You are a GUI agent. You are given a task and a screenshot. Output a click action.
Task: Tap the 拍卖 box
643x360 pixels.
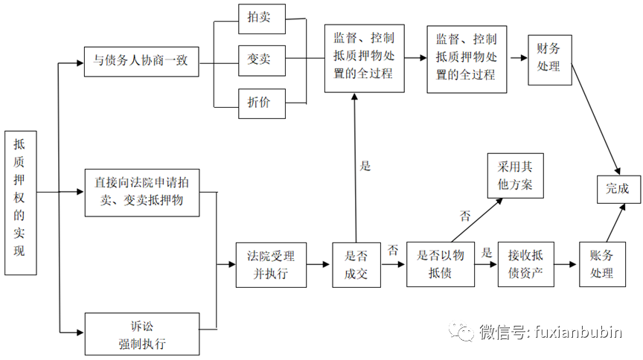[258, 20]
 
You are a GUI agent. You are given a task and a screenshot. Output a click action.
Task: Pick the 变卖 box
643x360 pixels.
[258, 60]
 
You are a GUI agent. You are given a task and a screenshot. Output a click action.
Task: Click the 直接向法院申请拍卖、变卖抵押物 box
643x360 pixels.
[141, 192]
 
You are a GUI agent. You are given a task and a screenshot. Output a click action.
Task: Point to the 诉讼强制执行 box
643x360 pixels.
[141, 334]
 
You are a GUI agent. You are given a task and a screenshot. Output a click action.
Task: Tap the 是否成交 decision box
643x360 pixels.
[356, 265]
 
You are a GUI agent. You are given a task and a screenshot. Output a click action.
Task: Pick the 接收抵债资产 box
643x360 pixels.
[525, 265]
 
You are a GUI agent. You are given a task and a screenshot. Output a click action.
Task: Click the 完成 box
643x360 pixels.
[618, 189]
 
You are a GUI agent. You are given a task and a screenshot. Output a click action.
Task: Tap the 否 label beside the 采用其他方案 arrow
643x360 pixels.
[465, 216]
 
